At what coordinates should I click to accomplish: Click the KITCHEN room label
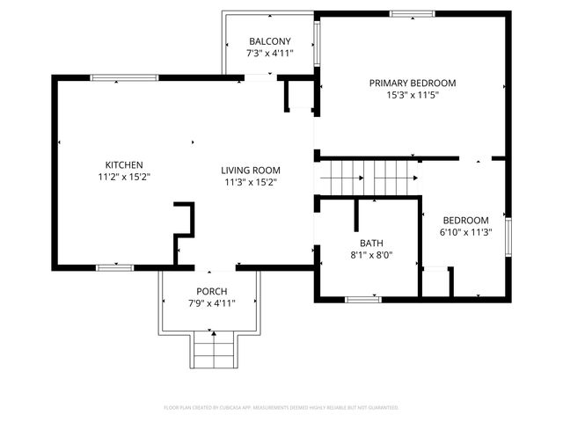coord(124,164)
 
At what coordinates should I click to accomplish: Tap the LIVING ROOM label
coord(250,171)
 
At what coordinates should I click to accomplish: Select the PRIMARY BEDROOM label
coord(412,83)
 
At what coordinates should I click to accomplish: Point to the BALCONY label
coord(269,42)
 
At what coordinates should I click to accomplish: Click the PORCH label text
coord(211,292)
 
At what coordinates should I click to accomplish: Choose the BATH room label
coord(370,244)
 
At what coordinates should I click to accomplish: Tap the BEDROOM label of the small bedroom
coord(464,221)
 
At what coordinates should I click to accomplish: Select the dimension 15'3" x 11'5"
coord(412,95)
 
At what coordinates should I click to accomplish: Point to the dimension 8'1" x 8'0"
coord(370,256)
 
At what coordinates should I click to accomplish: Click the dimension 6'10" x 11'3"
coord(464,233)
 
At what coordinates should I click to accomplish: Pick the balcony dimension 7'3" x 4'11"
coord(269,54)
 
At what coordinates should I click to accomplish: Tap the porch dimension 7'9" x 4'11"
coord(211,303)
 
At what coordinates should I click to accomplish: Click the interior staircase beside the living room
coord(368,178)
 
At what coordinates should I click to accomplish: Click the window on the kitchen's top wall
coord(124,78)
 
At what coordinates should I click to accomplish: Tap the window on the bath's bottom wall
coord(362,300)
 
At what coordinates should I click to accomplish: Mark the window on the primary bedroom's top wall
coord(412,14)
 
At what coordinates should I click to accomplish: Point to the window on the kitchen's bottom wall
coord(114,267)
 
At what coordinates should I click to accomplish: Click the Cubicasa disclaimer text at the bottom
coord(281,408)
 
